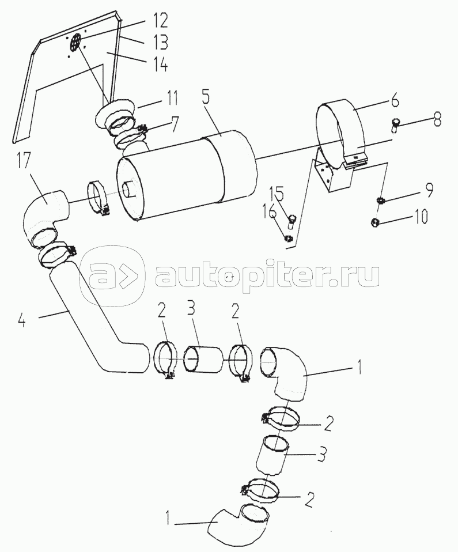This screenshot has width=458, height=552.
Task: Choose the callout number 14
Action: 160,64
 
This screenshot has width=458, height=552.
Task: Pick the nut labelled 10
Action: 374,222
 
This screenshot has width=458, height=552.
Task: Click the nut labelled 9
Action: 380,200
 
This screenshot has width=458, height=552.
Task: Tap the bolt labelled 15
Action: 292,219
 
